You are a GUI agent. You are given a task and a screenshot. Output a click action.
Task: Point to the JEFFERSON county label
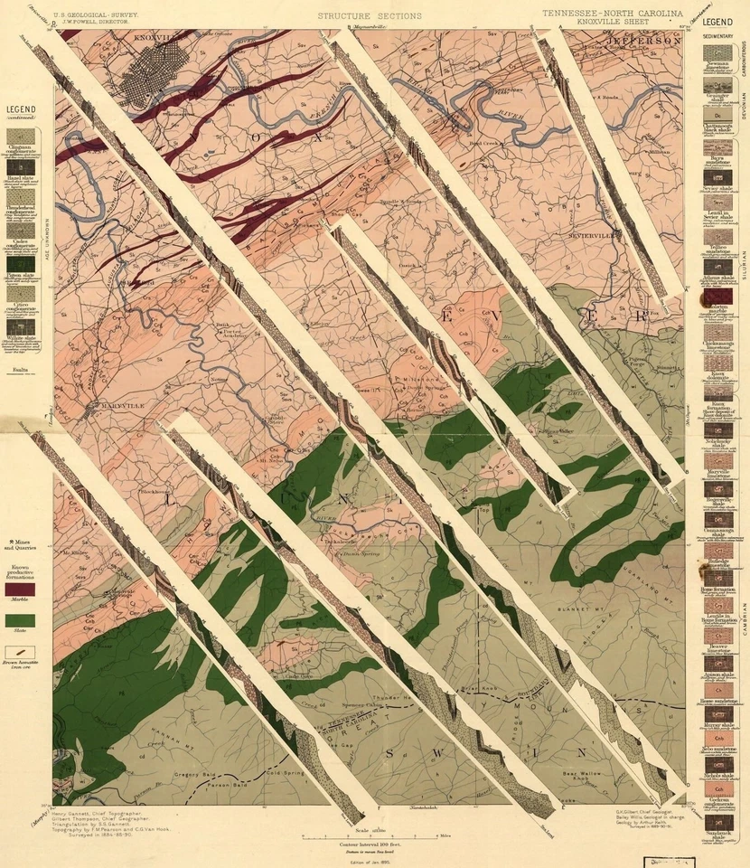coord(644,42)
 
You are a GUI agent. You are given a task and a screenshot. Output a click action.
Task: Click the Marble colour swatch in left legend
coord(21,589)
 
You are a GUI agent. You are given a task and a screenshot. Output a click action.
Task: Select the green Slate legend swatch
coord(21,621)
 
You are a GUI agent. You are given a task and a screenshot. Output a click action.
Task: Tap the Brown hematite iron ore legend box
coord(21,652)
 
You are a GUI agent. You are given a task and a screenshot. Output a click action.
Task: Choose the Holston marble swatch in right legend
coord(718,297)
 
